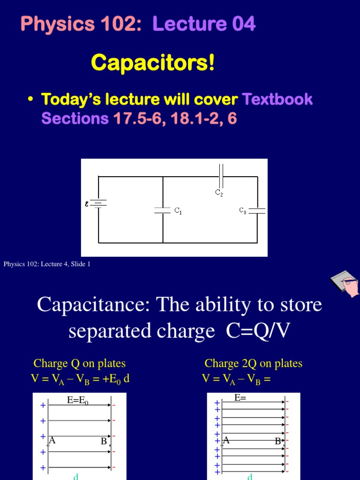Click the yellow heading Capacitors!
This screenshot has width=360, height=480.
pyautogui.click(x=153, y=63)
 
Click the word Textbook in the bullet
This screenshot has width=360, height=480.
pyautogui.click(x=277, y=99)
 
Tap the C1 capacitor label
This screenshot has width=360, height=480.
pyautogui.click(x=178, y=211)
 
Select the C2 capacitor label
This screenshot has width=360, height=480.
pyautogui.click(x=219, y=192)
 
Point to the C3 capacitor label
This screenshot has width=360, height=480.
pyautogui.click(x=243, y=211)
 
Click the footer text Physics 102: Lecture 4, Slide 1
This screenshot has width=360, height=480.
pyautogui.click(x=47, y=264)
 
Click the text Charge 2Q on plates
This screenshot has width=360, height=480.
pyautogui.click(x=253, y=363)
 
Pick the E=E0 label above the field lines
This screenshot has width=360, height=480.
pyautogui.click(x=78, y=399)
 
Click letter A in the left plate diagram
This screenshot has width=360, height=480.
pyautogui.click(x=52, y=440)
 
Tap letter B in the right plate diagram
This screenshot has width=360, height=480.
pyautogui.click(x=278, y=441)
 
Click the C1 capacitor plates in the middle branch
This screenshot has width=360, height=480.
pyautogui.click(x=163, y=210)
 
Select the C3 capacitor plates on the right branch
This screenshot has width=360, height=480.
pyautogui.click(x=257, y=211)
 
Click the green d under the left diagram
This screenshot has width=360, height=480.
pyautogui.click(x=75, y=477)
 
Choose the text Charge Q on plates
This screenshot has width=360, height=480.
pyautogui.click(x=79, y=363)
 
